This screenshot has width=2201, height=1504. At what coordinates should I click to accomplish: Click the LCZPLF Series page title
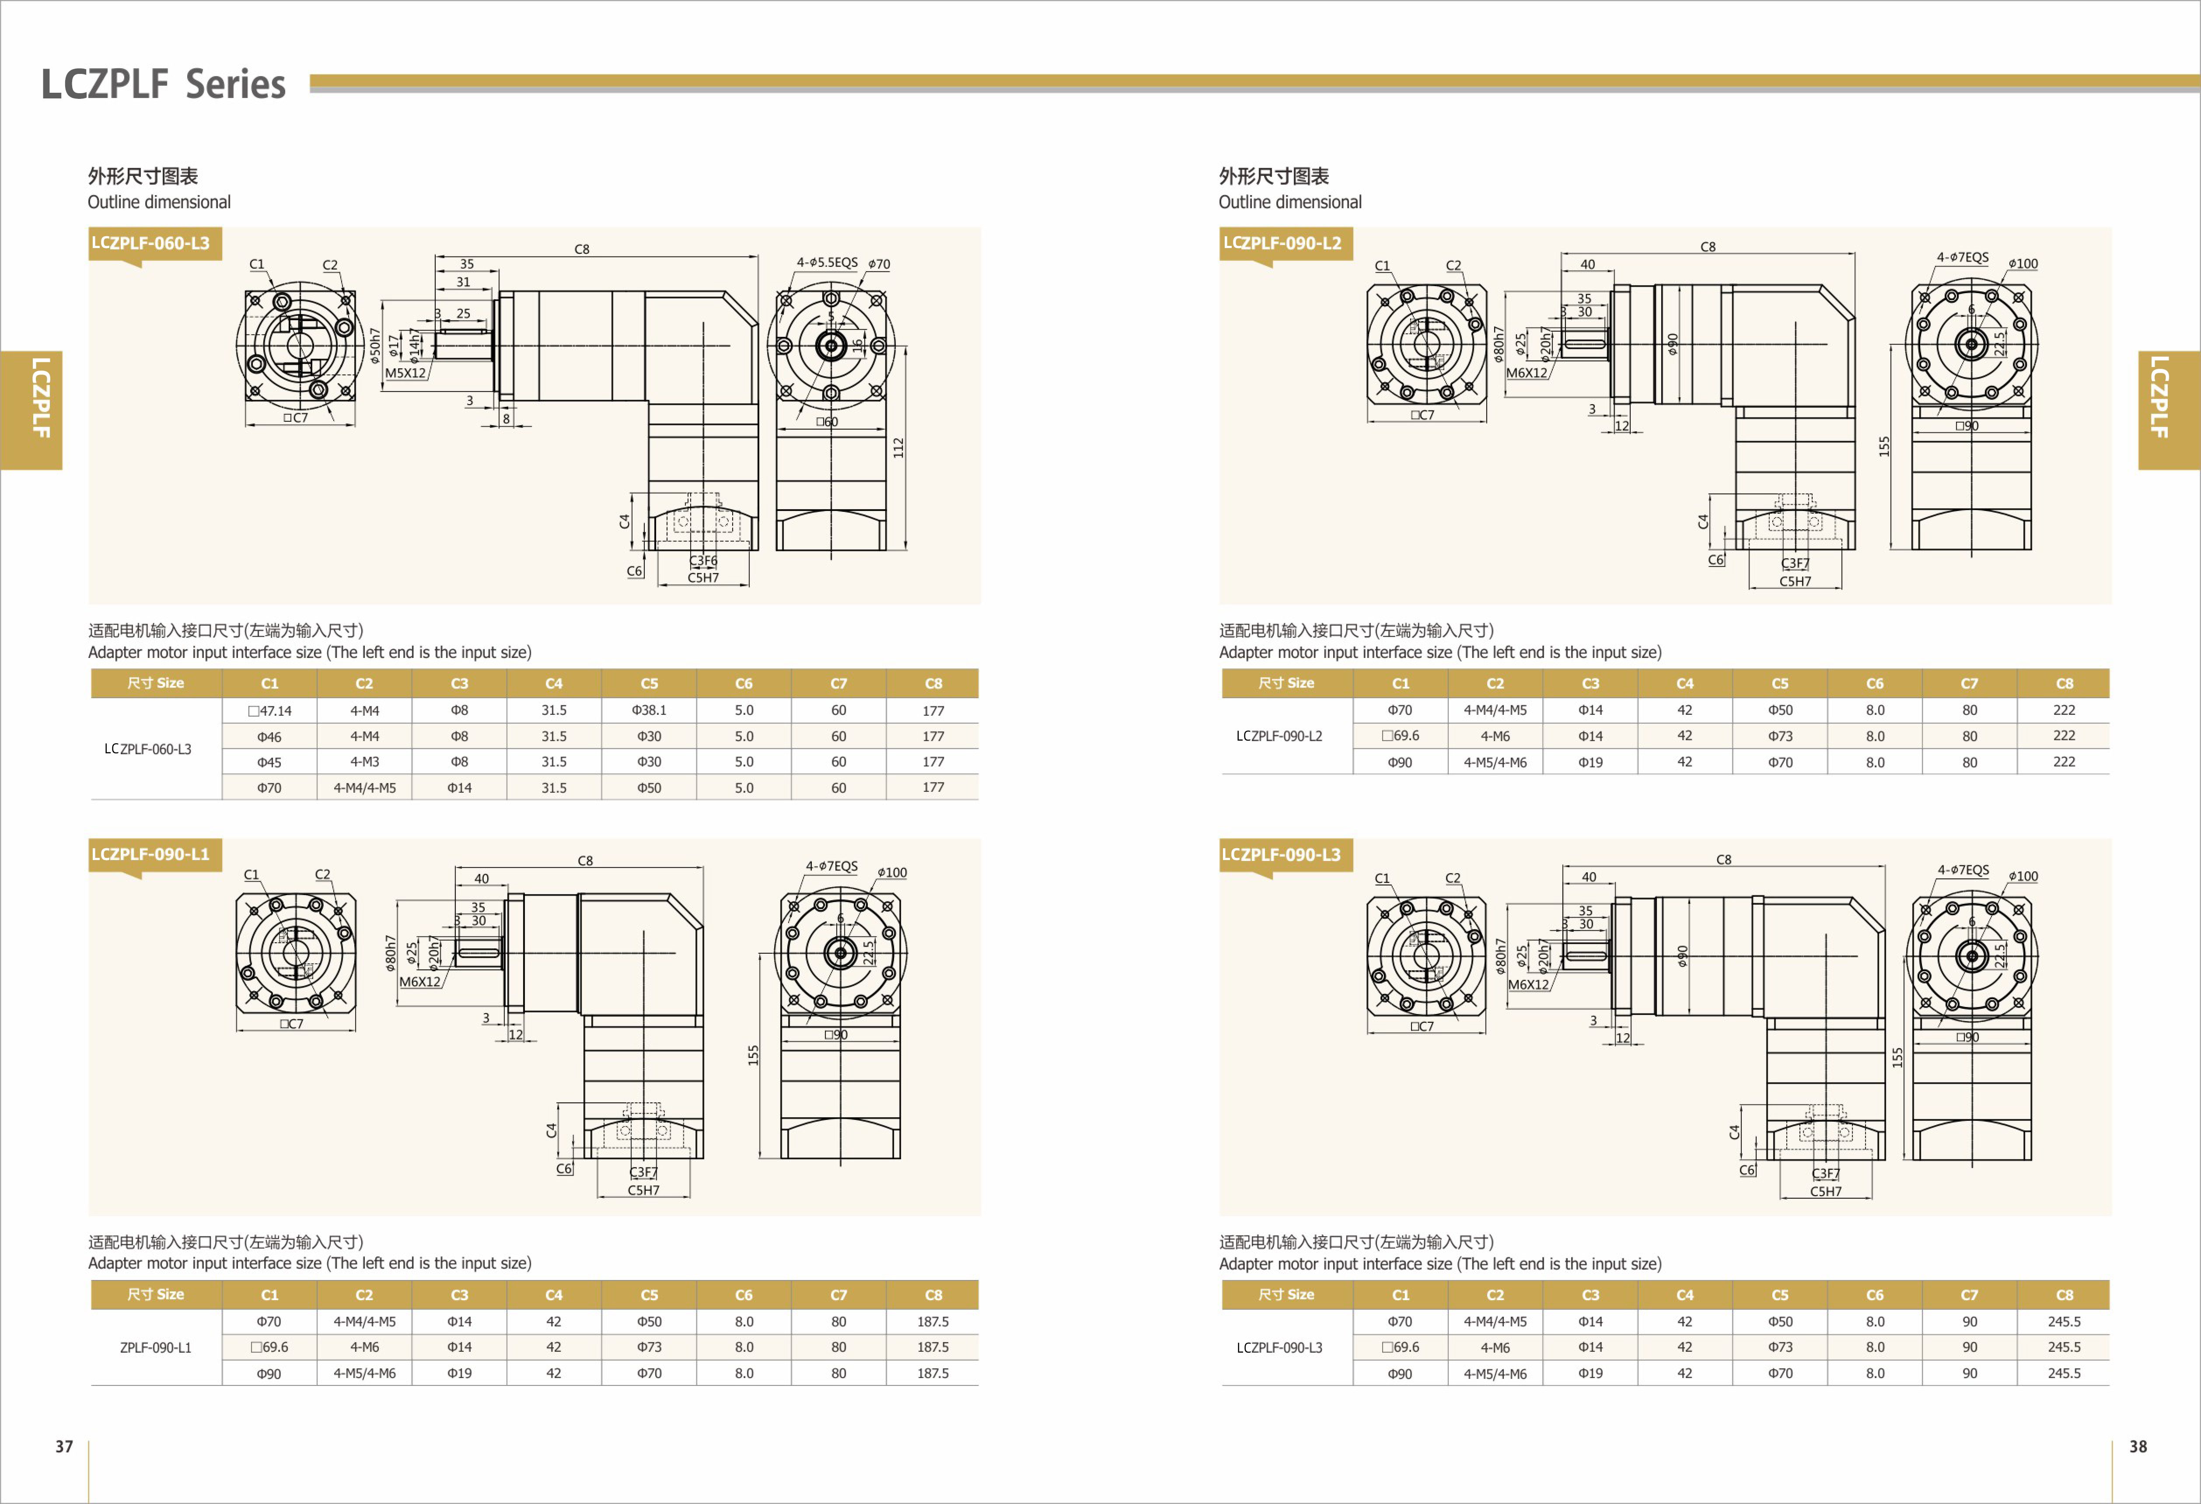click(x=163, y=84)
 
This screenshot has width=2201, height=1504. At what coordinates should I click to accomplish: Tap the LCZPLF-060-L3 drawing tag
click(x=150, y=243)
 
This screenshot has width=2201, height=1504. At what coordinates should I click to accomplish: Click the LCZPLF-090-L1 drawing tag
click(x=150, y=854)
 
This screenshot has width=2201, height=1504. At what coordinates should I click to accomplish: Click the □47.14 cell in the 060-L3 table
click(x=270, y=710)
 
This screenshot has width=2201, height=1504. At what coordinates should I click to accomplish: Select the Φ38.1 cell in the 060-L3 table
click(x=649, y=710)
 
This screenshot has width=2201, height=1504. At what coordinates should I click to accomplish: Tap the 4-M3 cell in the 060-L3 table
click(x=365, y=762)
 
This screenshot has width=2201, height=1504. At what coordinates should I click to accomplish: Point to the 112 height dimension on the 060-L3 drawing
click(x=898, y=448)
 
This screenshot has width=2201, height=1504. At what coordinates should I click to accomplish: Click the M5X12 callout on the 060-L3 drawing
click(x=405, y=373)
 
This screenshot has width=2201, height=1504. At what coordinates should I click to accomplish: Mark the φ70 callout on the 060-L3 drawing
click(x=879, y=264)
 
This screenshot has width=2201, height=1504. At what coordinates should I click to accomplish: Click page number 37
click(x=63, y=1446)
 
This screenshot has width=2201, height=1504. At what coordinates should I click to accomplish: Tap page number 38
click(x=2138, y=1446)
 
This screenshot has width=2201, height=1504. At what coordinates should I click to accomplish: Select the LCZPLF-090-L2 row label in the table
click(x=1279, y=736)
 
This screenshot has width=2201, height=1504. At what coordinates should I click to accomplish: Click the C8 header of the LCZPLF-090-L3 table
click(x=2064, y=1295)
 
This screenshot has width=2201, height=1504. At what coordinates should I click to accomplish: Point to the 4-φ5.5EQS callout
click(x=827, y=262)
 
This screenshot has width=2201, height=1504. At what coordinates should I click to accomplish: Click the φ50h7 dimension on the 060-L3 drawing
click(x=375, y=346)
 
